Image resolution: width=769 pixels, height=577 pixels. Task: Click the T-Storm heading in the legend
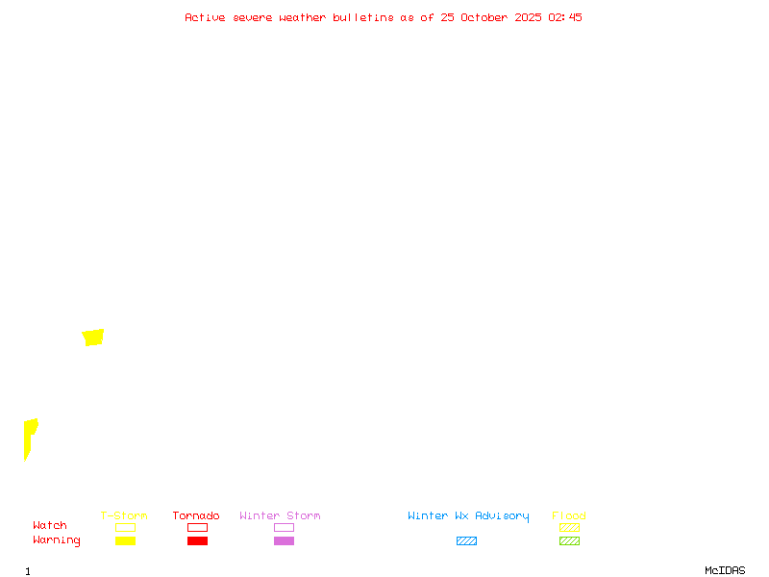(x=124, y=516)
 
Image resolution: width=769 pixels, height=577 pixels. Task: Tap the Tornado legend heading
(x=196, y=516)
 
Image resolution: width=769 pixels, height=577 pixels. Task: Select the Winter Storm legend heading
(x=280, y=516)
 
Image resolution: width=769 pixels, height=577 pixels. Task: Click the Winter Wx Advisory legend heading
(x=468, y=516)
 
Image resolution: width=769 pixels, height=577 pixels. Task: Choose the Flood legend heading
(x=569, y=516)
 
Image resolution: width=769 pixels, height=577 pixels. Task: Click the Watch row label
(x=50, y=526)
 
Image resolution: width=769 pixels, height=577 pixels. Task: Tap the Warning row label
(x=57, y=540)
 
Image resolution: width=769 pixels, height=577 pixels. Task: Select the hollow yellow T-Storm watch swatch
(x=125, y=527)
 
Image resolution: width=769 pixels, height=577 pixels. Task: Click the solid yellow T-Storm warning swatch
(x=125, y=540)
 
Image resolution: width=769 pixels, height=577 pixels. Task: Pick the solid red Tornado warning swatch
(x=197, y=540)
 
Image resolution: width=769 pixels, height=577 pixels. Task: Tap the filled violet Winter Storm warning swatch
(x=284, y=540)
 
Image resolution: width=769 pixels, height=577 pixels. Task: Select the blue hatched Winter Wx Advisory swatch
(x=466, y=540)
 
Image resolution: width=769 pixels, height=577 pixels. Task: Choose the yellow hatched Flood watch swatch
(x=569, y=527)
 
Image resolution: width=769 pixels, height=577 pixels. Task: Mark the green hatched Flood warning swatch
(x=569, y=540)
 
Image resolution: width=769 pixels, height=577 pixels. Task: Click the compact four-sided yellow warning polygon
(x=93, y=337)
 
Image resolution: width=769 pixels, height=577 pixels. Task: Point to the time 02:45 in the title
(x=565, y=17)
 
